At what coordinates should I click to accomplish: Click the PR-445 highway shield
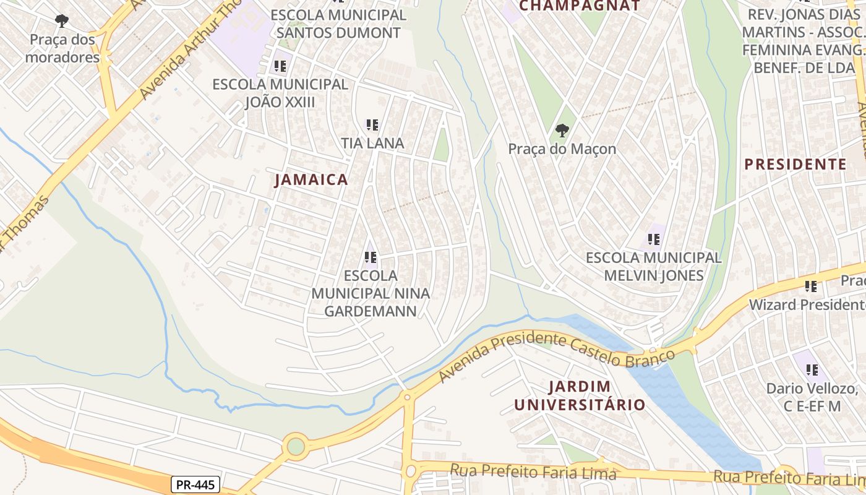point(195,484)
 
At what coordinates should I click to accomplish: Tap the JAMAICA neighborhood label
point(311,180)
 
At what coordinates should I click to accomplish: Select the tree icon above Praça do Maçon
point(562,131)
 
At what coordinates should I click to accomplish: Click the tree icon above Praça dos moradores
point(62,21)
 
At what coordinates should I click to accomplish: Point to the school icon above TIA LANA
point(372,125)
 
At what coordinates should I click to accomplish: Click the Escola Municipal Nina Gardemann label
point(370,293)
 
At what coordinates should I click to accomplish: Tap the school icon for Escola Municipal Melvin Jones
point(653,239)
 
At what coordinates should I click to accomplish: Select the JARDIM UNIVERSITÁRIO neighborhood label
point(580,396)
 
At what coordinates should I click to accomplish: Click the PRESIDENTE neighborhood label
point(795,164)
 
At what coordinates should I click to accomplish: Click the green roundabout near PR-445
point(296,445)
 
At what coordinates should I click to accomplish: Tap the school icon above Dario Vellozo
point(812,370)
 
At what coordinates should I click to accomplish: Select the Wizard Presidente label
point(806,305)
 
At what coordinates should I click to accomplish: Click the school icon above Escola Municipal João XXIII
point(280,66)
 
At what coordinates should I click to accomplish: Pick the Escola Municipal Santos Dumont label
point(338,24)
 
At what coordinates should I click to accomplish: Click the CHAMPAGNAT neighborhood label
point(579,6)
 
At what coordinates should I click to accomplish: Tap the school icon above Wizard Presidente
point(811,286)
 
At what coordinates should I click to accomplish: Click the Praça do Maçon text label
point(562,149)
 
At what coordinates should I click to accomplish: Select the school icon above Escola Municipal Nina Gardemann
point(370,257)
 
